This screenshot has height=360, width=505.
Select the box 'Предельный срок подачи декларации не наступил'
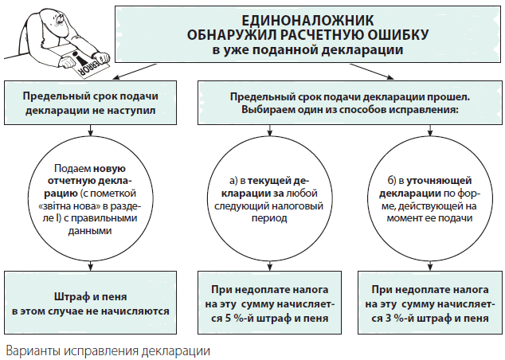point(90,101)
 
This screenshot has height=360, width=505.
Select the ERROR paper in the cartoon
point(81,64)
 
